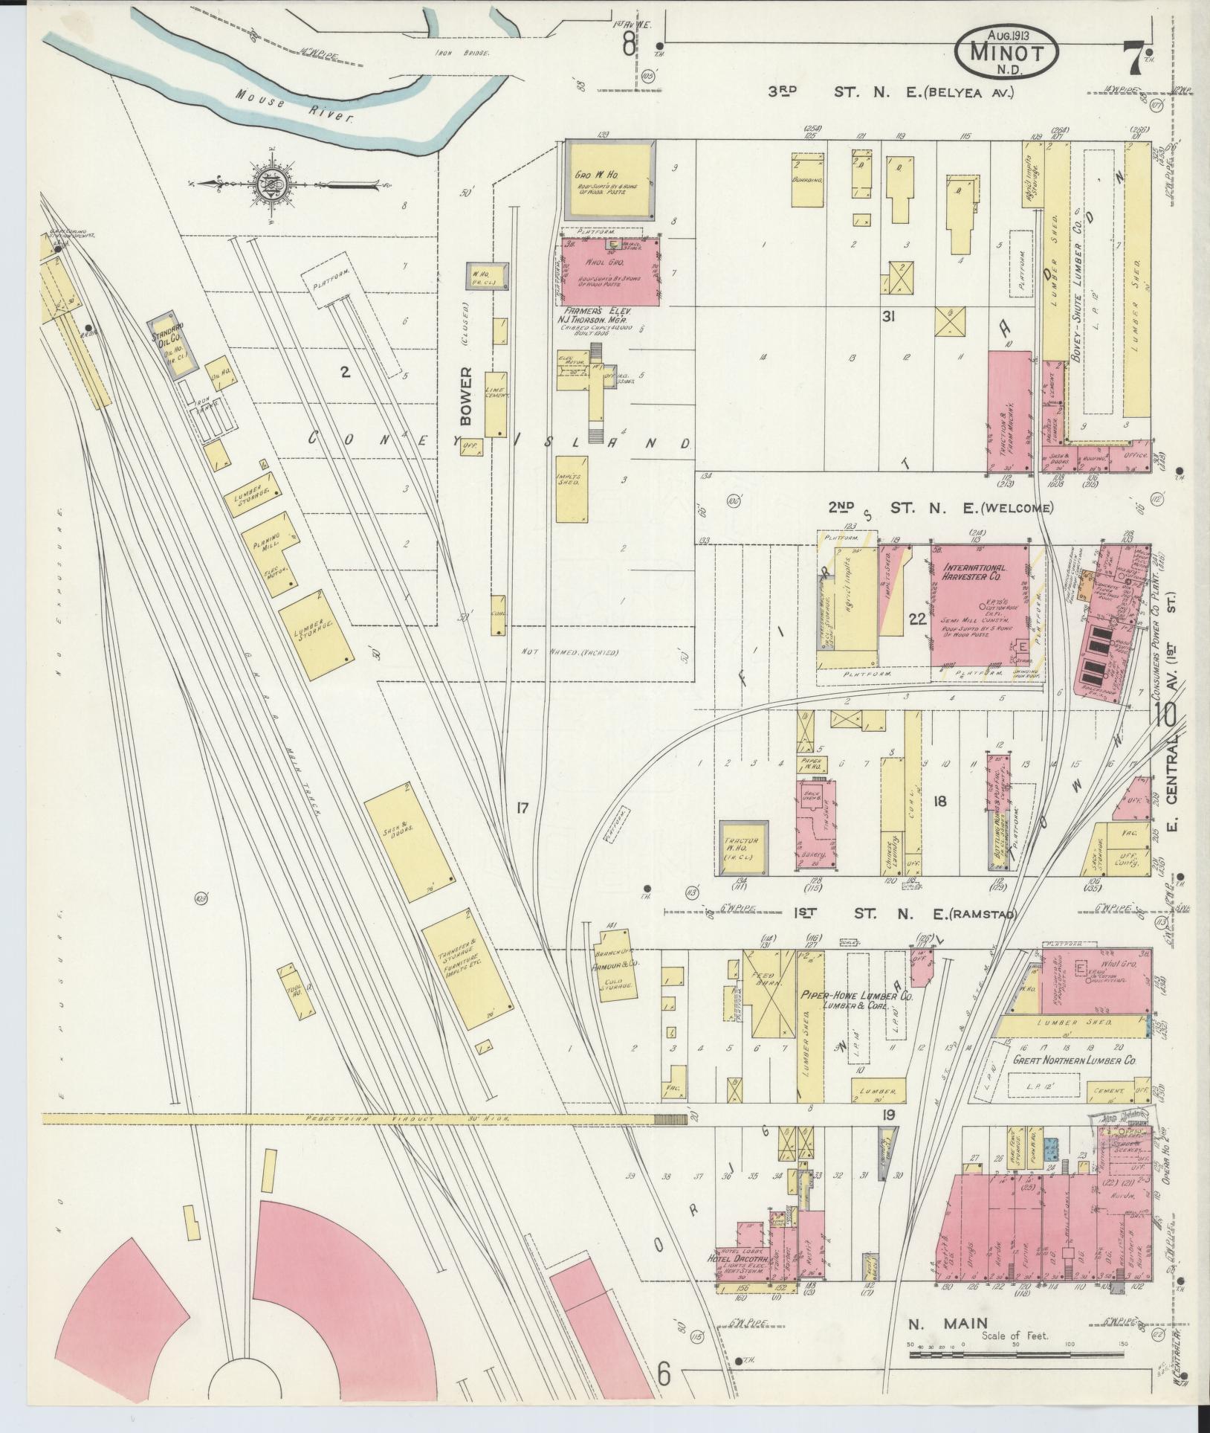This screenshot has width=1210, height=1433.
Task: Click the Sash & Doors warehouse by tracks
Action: tap(409, 836)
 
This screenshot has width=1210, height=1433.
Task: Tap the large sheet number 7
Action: tap(1132, 57)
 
